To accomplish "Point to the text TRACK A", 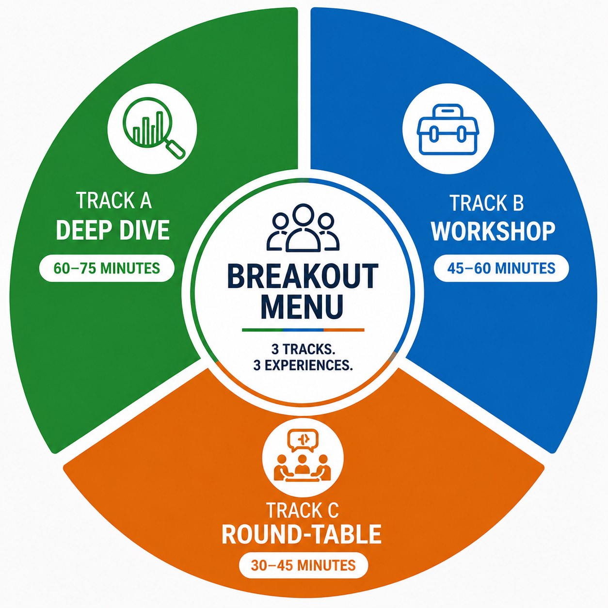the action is click(114, 200).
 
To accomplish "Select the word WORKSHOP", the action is click(493, 232).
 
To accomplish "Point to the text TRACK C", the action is click(303, 511).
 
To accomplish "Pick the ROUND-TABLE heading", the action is click(301, 534).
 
